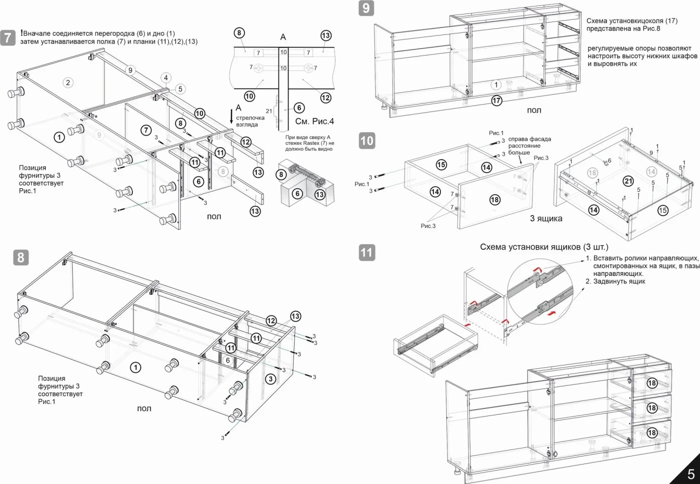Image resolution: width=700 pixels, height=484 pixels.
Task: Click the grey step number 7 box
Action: click(8, 38)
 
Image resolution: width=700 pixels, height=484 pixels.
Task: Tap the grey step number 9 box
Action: click(366, 8)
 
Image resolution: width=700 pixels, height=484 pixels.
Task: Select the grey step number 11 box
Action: click(367, 252)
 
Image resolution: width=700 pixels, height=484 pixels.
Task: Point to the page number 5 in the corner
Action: click(691, 474)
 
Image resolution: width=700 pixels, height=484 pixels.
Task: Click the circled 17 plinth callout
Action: click(496, 101)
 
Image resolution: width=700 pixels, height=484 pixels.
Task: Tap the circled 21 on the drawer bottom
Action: click(628, 181)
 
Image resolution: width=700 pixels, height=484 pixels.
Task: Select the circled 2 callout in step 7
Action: click(68, 83)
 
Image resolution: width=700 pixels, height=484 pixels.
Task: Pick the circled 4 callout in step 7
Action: click(166, 78)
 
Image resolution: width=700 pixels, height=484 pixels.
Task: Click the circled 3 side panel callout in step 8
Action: click(270, 379)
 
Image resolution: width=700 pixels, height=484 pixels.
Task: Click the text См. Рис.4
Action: click(314, 121)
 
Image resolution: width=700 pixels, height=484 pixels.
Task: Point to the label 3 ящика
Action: click(545, 218)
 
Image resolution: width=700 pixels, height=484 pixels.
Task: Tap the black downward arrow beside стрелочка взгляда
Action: click(231, 116)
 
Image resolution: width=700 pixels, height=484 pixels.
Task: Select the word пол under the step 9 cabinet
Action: click(534, 110)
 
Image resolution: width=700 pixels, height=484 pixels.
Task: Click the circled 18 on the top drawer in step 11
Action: click(651, 383)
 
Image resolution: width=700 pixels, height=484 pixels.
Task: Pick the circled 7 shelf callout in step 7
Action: click(146, 130)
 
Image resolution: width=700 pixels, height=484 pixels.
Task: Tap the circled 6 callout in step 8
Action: click(228, 360)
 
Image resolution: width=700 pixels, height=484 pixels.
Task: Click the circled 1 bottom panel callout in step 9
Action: click(496, 85)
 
